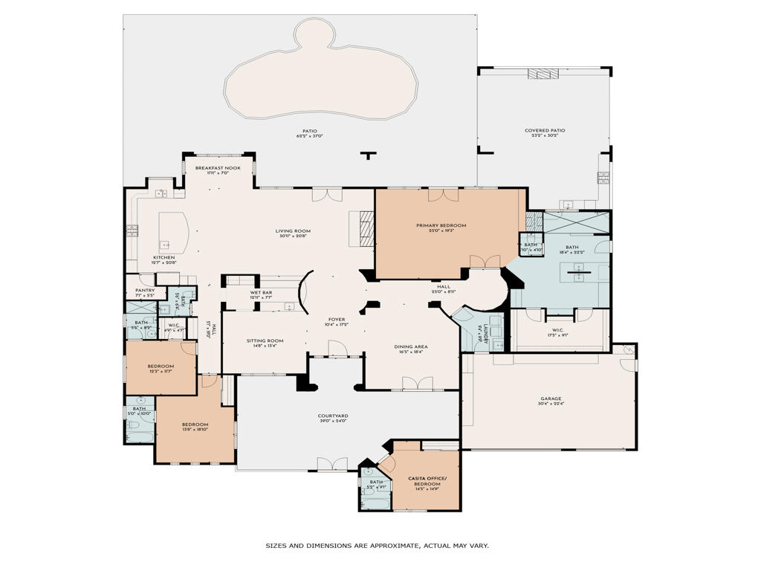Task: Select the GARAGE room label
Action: click(x=551, y=399)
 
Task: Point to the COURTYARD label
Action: click(x=333, y=416)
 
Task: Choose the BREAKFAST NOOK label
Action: click(x=218, y=168)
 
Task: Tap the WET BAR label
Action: click(x=261, y=292)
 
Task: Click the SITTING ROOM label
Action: click(x=265, y=341)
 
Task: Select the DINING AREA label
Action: click(x=410, y=346)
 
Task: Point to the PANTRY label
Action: click(x=145, y=290)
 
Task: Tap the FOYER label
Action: click(x=336, y=320)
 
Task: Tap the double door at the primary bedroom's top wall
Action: click(x=444, y=194)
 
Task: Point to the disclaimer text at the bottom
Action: click(x=377, y=546)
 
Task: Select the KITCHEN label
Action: click(x=164, y=257)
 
